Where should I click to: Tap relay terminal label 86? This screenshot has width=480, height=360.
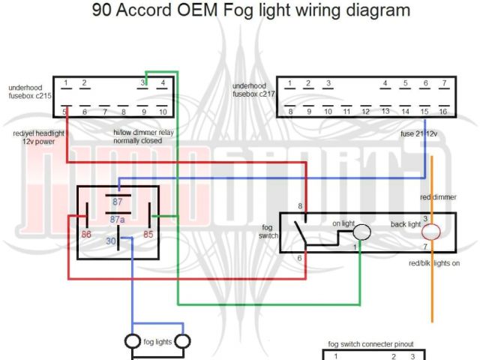click(87, 235)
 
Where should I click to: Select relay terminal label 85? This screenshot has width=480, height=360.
click(148, 235)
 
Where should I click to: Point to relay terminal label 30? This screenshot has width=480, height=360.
click(110, 241)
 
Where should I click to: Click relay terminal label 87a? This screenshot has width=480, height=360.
click(117, 220)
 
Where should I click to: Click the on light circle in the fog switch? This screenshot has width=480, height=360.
click(362, 232)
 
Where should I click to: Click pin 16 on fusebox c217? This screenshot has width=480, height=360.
click(443, 112)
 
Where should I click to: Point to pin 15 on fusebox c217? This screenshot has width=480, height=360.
click(424, 112)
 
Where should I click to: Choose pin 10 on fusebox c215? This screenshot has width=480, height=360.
click(162, 112)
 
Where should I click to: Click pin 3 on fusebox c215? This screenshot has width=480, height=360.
click(142, 82)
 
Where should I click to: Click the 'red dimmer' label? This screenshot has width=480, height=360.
click(439, 197)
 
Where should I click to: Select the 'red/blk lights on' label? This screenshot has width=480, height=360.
click(435, 263)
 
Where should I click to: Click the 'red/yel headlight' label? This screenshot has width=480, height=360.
click(39, 133)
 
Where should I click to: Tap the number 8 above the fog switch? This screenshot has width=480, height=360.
click(300, 205)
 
